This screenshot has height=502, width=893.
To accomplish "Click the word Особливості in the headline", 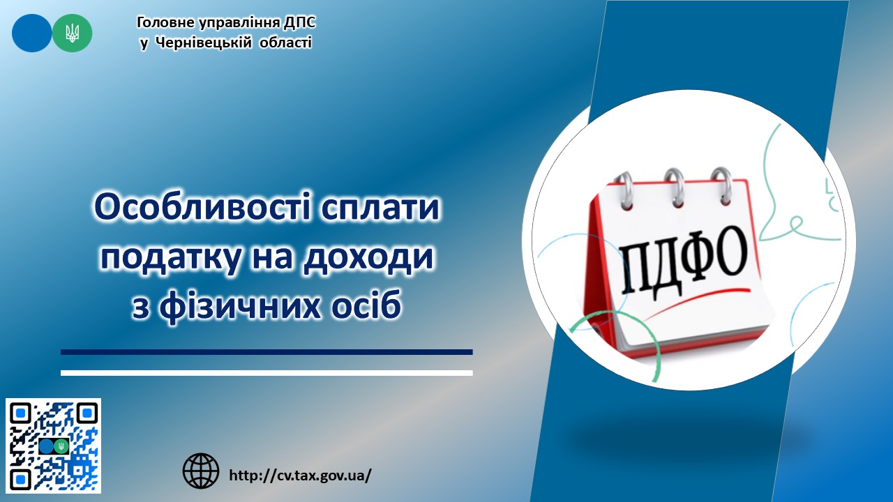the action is pos(202,208).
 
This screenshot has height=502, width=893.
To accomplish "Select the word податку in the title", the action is pos(171,258).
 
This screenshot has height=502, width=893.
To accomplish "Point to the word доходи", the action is pos(369,258).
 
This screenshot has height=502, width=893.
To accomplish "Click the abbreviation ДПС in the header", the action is pos(299,23).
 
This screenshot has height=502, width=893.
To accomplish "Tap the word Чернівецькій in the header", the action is pos(203,43).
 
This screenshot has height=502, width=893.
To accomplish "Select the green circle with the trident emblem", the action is pos(72,33).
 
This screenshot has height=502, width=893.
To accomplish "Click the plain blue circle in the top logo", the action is pos(32,33).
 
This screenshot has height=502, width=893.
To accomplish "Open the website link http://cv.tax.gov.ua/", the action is pos(301,475).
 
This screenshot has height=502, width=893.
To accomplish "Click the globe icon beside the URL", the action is pos(201,471).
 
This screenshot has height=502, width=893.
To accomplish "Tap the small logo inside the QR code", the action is pos(54,446).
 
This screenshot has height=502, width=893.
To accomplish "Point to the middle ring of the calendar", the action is pos(675,188).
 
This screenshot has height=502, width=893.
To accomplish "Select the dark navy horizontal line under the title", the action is pos(267,352).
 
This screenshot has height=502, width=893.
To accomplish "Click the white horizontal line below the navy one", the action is pos(267,373).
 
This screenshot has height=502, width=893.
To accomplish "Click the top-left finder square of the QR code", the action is pos(21,413).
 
